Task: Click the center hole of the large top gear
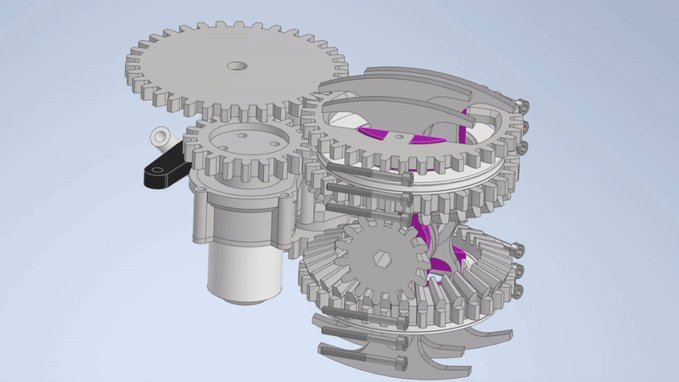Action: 235,65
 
